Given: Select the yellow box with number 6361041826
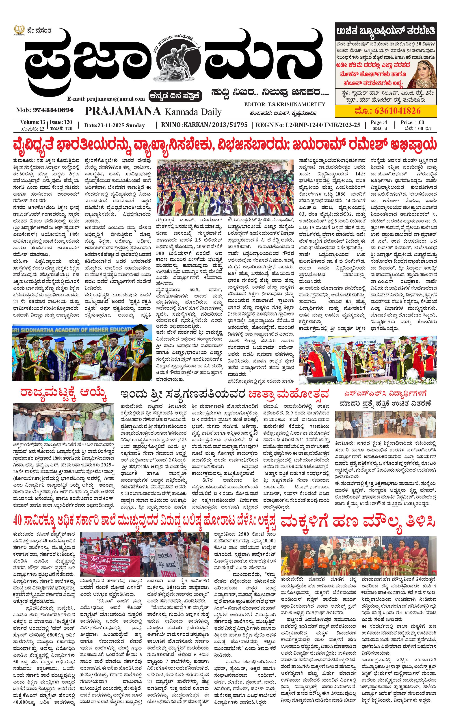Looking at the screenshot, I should coord(386,111).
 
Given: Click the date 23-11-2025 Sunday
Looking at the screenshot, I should coord(114,125).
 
